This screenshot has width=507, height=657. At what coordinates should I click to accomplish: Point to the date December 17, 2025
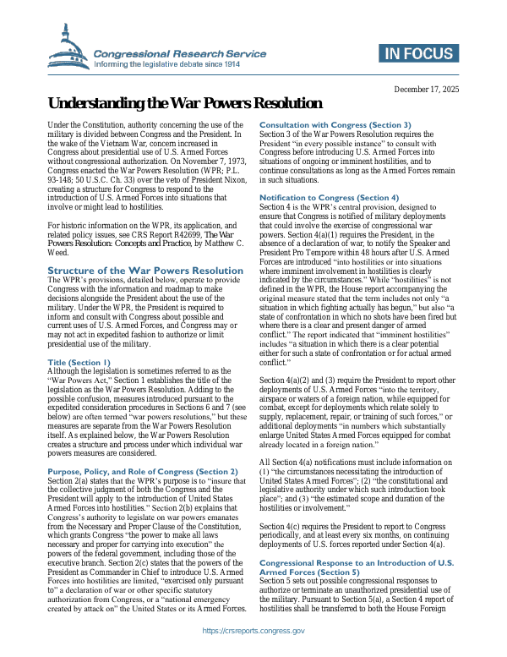tap(427, 89)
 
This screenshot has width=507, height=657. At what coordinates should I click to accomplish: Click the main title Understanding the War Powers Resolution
tap(173, 104)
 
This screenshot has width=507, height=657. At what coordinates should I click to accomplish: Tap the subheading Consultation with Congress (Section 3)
tap(335, 124)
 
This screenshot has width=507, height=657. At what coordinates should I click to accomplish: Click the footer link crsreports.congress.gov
tap(253, 631)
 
